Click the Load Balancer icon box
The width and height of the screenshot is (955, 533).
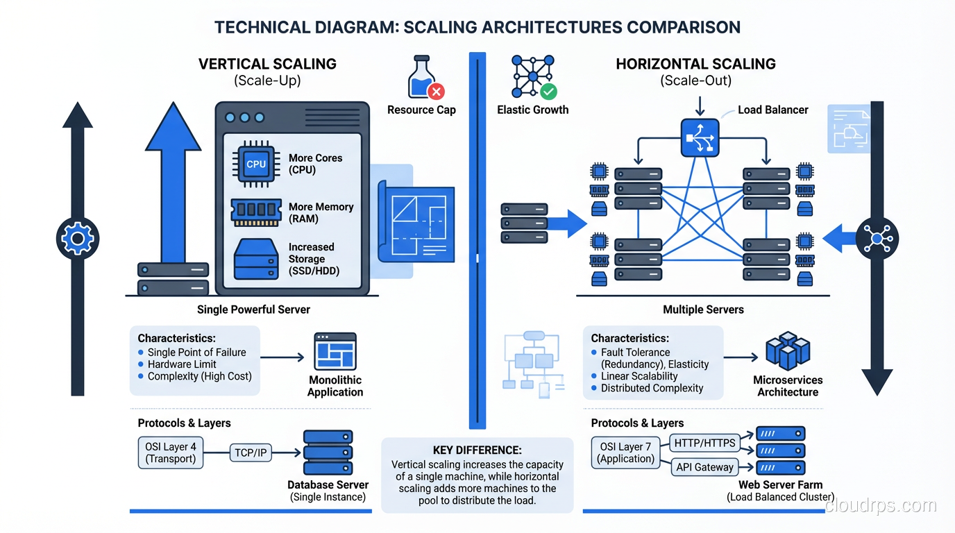pos(700,137)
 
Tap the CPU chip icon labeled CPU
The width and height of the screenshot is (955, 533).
pos(256,164)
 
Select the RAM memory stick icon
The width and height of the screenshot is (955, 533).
pos(256,212)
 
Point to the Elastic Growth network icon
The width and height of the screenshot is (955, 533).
pos(533,76)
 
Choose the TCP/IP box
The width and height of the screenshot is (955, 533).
pos(251,453)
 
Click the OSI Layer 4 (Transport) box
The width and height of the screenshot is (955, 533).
pos(171,452)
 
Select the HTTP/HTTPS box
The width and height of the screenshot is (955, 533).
pos(704,443)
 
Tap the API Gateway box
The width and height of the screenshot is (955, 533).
pos(704,467)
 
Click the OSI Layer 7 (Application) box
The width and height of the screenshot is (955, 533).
pos(626,452)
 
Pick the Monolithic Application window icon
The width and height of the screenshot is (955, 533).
pos(335,351)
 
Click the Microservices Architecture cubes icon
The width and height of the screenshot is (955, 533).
pos(787,351)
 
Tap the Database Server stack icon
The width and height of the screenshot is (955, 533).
pos(328,452)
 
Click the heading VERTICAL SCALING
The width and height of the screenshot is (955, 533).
pos(267,64)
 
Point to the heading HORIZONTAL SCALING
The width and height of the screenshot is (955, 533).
pos(695,64)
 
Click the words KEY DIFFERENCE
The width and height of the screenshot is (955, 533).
pos(477,450)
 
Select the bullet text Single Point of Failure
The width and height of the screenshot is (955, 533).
pos(196,353)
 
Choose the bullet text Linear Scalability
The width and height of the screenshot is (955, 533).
pos(639,376)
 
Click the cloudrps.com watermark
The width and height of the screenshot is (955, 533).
pos(881,506)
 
